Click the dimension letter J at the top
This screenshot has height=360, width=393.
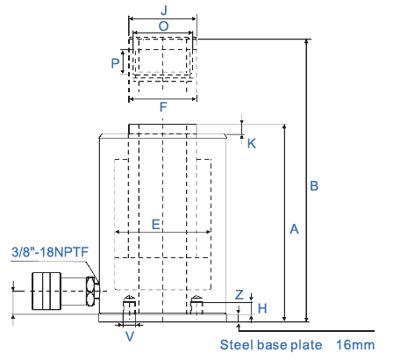point(164,10)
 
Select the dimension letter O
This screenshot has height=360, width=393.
point(164,26)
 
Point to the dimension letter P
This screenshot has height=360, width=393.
point(115,63)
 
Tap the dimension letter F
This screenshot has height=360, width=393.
point(163,107)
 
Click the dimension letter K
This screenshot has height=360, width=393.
point(252,144)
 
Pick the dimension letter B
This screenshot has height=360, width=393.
point(314,186)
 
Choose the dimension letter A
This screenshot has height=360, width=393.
point(295,229)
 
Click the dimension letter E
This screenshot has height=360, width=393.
point(156,225)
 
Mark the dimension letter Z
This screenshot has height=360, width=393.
point(239,295)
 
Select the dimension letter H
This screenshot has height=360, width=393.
point(262,308)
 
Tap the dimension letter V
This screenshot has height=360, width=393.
point(130,336)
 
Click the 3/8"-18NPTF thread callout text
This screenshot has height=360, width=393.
point(50,252)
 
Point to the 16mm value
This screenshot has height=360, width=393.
point(355,345)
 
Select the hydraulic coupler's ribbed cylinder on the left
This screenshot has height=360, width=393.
point(46,291)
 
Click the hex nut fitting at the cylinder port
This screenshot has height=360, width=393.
point(91,292)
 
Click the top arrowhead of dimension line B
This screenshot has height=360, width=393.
point(306,41)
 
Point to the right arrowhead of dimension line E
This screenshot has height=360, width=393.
point(208,232)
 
